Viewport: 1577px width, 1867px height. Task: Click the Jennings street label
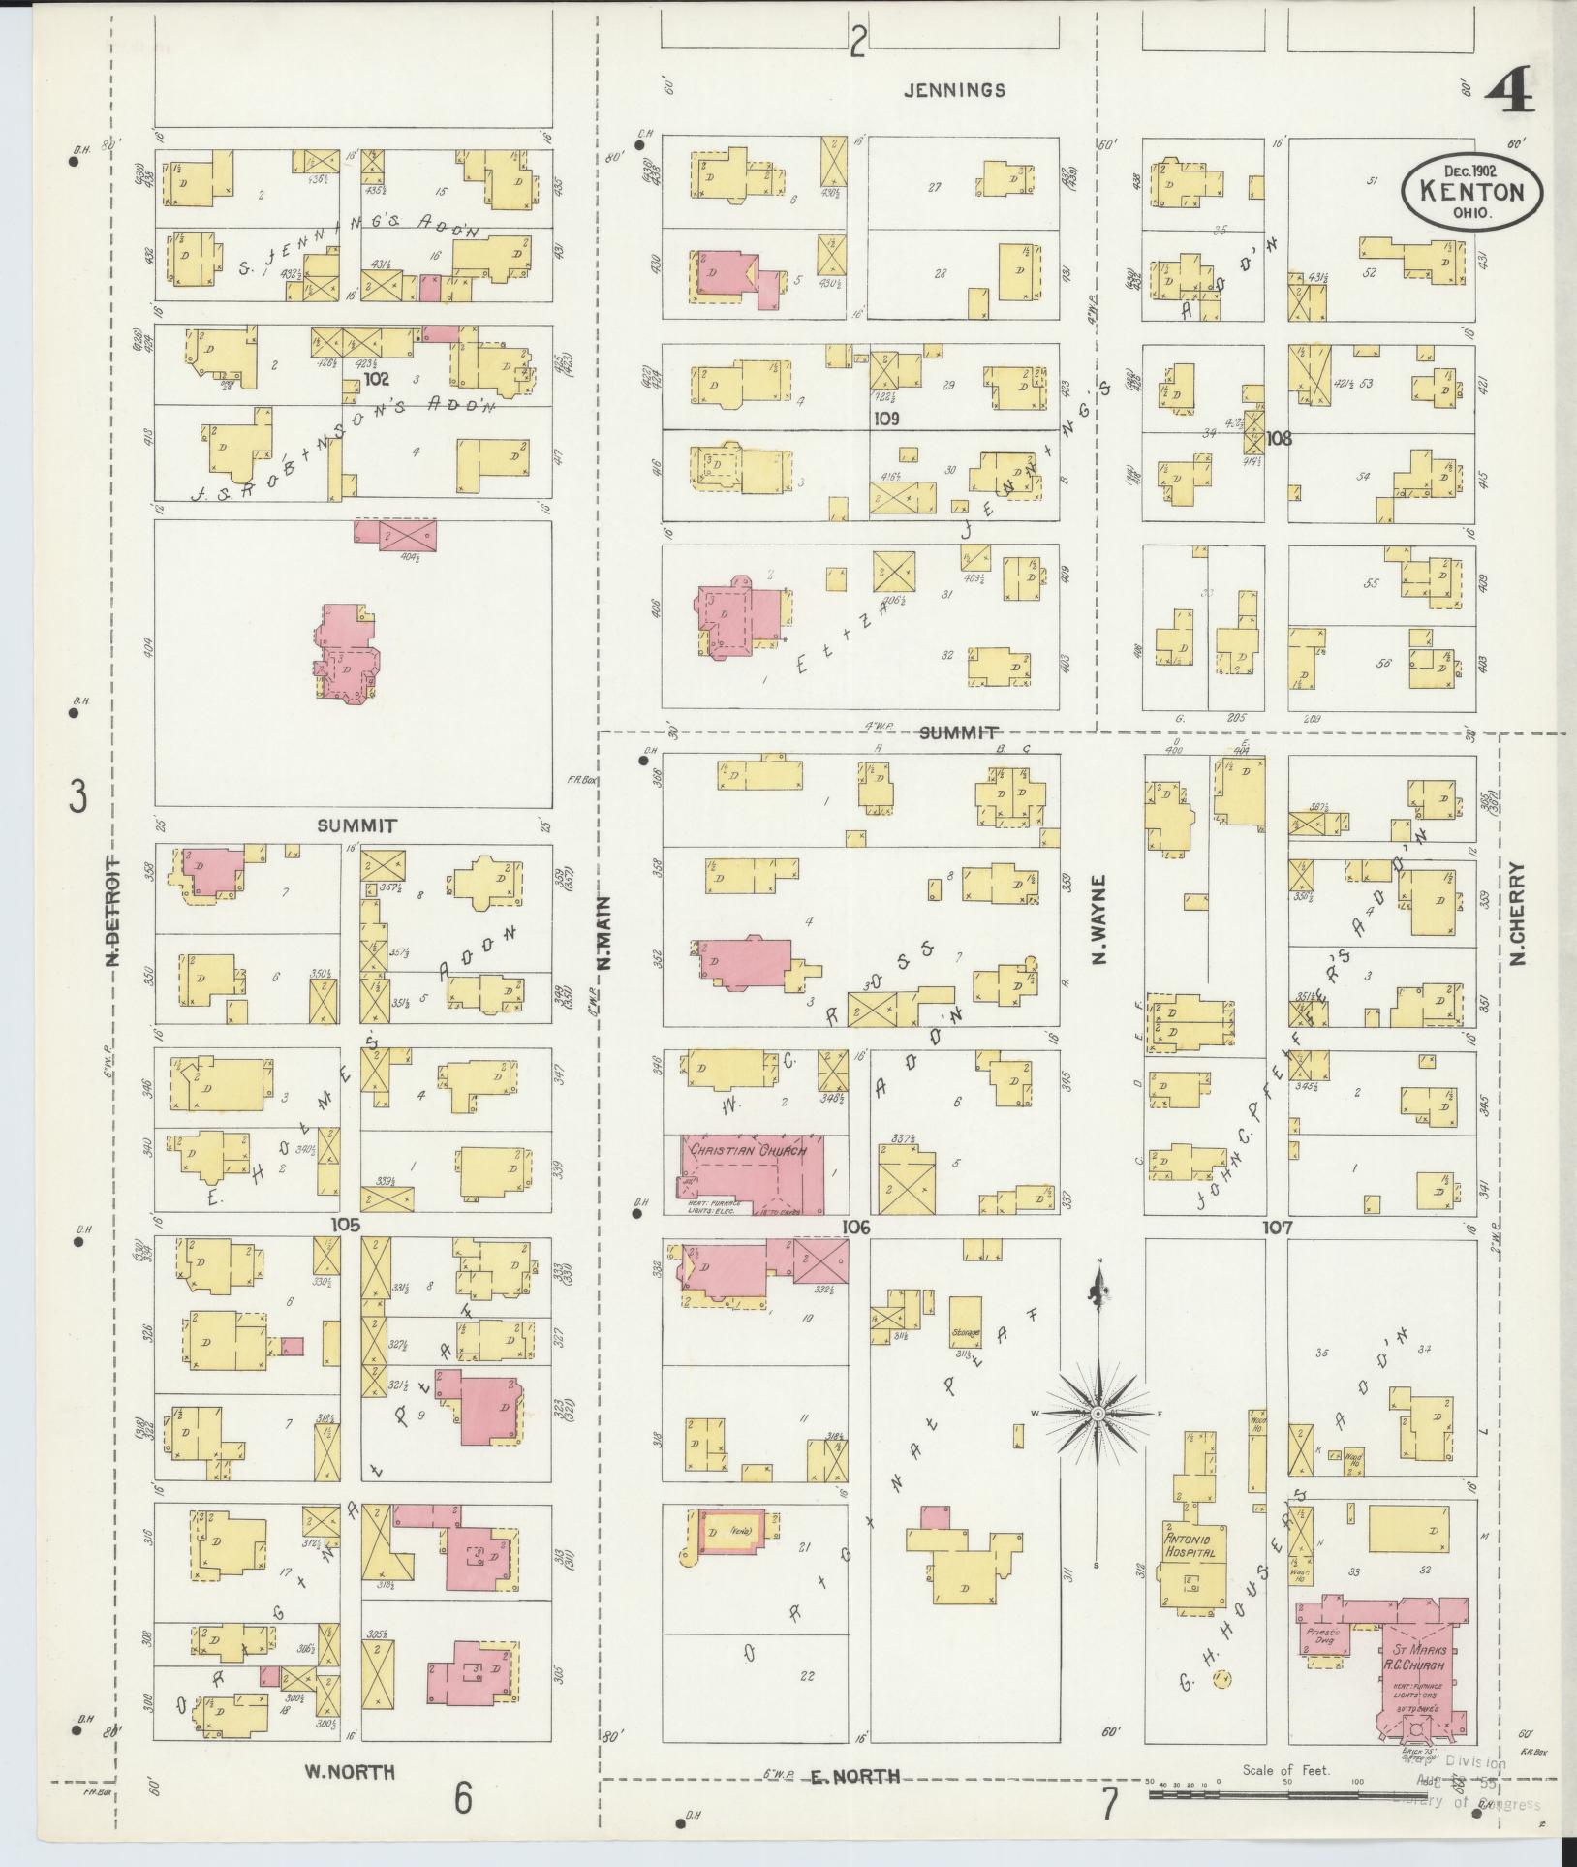[953, 90]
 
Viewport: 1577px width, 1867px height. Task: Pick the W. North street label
[350, 1772]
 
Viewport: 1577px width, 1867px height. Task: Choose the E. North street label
[854, 1775]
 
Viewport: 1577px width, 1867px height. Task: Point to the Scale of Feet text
[1286, 1769]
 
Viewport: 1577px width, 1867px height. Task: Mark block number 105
[345, 1225]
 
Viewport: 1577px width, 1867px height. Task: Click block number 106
[856, 1228]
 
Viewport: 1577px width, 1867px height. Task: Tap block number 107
[1278, 1228]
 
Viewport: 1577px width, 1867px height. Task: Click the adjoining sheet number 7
[1108, 1804]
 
